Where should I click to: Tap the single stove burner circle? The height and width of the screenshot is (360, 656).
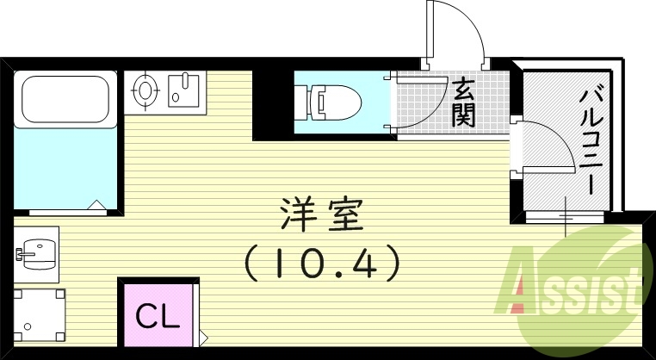click(145, 89)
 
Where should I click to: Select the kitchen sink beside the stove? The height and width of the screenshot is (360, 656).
click(183, 89)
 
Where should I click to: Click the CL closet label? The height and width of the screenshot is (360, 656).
click(159, 315)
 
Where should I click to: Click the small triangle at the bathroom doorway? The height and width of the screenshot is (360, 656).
click(96, 206)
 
